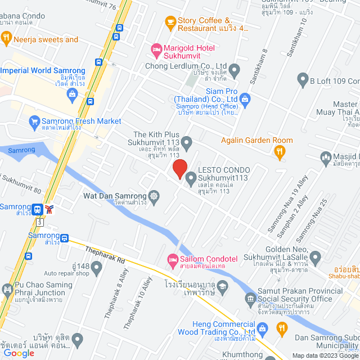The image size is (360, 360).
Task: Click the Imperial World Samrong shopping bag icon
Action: click(x=73, y=94)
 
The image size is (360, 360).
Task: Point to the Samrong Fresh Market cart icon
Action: click(x=34, y=121)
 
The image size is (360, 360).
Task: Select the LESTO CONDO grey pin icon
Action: click(x=191, y=180)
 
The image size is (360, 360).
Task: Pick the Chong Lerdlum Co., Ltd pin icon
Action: click(x=235, y=70)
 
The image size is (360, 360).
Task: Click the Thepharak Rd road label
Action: click(x=105, y=254)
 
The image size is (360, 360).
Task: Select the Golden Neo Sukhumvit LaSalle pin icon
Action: click(x=316, y=258)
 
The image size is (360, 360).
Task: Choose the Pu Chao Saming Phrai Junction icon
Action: click(x=7, y=290)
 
